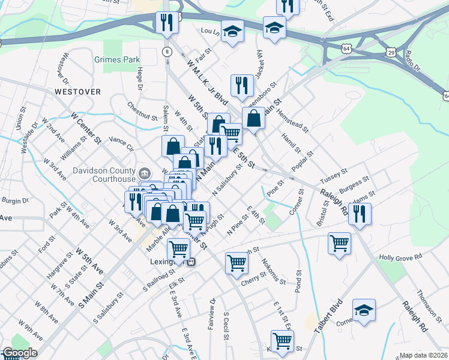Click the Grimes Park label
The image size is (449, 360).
pyautogui.click(x=116, y=59)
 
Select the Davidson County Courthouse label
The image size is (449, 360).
pyautogui.click(x=105, y=174)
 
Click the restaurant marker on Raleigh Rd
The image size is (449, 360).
pyautogui.click(x=360, y=214)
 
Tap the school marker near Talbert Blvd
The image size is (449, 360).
pyautogui.click(x=364, y=310)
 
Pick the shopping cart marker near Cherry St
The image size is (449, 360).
pyautogui.click(x=237, y=262)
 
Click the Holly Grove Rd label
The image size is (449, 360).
pyautogui.click(x=400, y=257)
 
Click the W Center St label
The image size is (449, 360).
pyautogui.click(x=86, y=127)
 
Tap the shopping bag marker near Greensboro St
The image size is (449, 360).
pyautogui.click(x=254, y=118)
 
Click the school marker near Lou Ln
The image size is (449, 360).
pyautogui.click(x=231, y=32)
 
